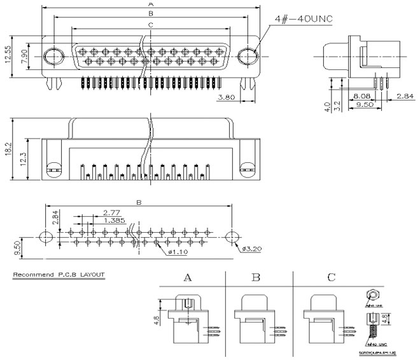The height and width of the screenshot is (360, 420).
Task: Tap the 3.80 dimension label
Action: click(228, 97)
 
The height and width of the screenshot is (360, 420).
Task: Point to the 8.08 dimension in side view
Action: click(361, 97)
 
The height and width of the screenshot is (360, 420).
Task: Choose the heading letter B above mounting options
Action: click(256, 277)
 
